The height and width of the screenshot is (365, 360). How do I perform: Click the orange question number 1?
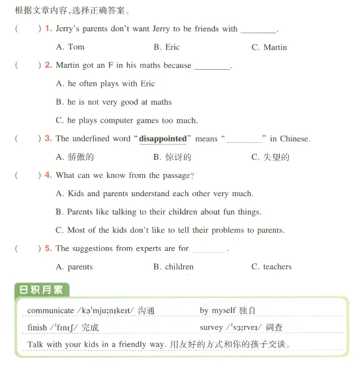click(48, 29)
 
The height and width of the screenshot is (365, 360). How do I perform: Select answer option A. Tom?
click(70, 47)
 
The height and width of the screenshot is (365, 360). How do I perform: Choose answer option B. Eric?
click(166, 47)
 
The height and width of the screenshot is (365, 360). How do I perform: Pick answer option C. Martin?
click(269, 47)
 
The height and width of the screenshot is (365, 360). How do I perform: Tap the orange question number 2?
click(48, 65)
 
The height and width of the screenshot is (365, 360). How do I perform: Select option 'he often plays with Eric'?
click(106, 83)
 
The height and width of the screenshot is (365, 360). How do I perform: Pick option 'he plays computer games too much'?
click(127, 120)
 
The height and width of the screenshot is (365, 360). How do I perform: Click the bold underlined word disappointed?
click(163, 139)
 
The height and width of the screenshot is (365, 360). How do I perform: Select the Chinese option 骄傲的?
click(76, 157)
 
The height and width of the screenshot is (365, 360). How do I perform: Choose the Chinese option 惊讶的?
click(172, 157)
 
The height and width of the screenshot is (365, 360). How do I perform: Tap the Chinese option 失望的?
click(270, 157)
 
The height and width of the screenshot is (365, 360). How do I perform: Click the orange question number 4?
click(48, 175)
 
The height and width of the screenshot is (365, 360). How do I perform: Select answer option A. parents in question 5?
click(74, 267)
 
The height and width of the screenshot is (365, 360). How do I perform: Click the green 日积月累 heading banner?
click(42, 290)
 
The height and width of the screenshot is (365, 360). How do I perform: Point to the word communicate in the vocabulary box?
click(51, 311)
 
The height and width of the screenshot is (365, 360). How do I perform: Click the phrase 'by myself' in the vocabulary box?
click(219, 311)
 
